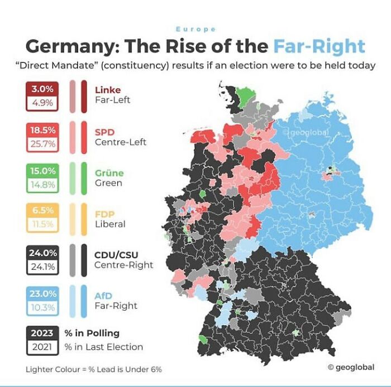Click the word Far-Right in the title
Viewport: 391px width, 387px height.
coord(319,46)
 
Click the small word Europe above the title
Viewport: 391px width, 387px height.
coord(195,29)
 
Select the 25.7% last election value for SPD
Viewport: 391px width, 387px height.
coord(42,144)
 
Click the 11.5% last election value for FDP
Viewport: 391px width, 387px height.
coord(42,225)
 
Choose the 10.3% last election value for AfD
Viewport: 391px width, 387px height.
coord(42,307)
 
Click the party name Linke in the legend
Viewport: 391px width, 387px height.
coord(108,90)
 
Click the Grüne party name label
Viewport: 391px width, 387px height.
coord(108,173)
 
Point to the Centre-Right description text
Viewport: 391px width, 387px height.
coord(123,265)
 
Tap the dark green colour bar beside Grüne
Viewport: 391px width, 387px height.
coord(84,178)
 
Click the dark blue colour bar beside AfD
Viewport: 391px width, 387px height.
coord(84,301)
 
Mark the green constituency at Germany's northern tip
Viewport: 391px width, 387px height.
coord(243,93)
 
